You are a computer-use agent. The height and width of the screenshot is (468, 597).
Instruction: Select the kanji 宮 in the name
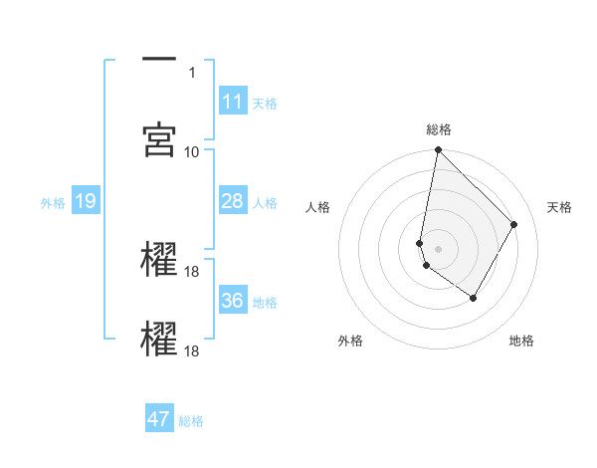160,139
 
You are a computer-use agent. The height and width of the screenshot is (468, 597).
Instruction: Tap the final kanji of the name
160,339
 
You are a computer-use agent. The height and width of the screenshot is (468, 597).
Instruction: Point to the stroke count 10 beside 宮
192,151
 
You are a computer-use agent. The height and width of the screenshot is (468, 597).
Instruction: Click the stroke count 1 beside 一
192,73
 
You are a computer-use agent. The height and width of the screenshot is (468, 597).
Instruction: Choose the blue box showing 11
233,102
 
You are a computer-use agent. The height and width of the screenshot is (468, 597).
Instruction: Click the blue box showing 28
233,201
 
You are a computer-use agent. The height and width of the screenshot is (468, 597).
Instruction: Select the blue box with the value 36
233,301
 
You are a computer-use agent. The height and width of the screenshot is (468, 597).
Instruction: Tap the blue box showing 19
85,201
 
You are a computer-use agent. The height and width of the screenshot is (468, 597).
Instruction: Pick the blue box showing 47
159,419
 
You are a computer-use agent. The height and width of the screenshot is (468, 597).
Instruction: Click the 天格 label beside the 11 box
265,103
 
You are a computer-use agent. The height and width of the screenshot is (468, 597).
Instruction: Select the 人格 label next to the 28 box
265,202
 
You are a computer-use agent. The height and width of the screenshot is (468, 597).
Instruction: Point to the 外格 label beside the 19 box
53,202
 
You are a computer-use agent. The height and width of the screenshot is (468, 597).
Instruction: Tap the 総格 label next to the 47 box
191,420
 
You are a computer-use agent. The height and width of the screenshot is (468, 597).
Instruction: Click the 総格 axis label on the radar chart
439,129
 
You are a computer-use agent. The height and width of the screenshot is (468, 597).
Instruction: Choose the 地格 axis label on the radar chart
521,342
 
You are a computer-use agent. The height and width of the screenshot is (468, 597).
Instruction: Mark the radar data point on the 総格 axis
438,151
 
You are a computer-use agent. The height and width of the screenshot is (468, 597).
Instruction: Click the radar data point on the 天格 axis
514,224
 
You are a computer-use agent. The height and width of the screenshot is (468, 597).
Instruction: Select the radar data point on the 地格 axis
474,298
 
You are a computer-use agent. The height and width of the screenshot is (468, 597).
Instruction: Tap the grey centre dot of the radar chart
438,248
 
